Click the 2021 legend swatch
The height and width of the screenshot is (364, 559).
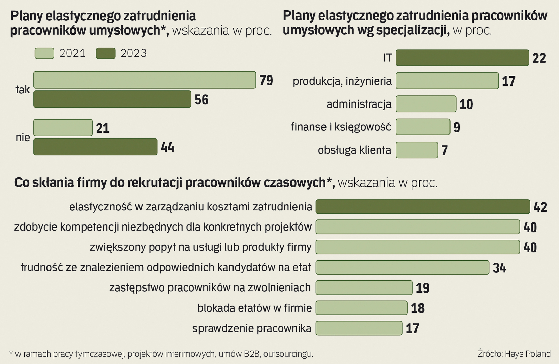44,53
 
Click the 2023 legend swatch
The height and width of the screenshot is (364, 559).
105,53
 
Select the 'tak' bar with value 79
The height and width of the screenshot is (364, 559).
145,80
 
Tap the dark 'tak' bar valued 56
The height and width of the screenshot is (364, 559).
112,99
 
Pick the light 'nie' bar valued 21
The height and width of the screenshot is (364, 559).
63,128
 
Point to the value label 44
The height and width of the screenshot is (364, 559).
167,147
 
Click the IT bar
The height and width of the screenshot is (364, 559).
462,58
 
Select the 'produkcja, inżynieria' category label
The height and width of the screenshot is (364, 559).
342,81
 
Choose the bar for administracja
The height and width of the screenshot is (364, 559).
426,104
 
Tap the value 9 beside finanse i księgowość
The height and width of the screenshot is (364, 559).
457,127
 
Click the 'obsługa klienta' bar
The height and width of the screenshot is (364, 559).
417,150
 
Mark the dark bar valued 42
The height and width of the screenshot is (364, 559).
423,207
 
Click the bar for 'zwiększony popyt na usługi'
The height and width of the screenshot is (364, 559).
418,247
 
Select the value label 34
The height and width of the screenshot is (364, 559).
499,268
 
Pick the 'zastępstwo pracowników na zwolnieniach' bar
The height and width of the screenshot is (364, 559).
364,287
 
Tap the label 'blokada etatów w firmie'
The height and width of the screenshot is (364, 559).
254,308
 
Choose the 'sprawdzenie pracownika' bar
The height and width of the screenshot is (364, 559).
359,328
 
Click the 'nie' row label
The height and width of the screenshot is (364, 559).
23,138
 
